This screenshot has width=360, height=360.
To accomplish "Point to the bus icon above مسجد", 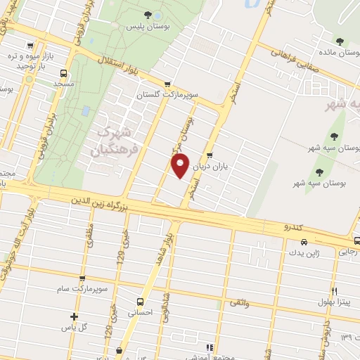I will click(64, 72).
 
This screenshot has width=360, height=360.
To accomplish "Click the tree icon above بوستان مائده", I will click(340, 40).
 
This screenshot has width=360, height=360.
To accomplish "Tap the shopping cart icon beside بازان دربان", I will click(209, 156).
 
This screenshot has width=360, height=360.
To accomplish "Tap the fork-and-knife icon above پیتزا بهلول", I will click(334, 291).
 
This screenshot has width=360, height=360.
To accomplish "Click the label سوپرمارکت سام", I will click(83, 289).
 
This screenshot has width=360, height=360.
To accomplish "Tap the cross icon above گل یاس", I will click(74, 316).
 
